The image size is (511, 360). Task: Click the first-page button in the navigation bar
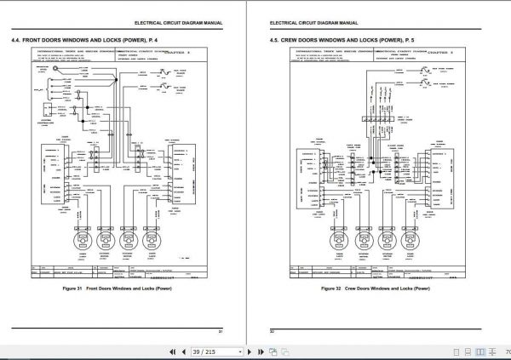click(x=173, y=351)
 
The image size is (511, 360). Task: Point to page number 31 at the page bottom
click(x=221, y=330)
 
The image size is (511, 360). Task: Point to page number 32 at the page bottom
click(x=272, y=330)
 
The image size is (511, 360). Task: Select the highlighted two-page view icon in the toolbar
click(x=481, y=351)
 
